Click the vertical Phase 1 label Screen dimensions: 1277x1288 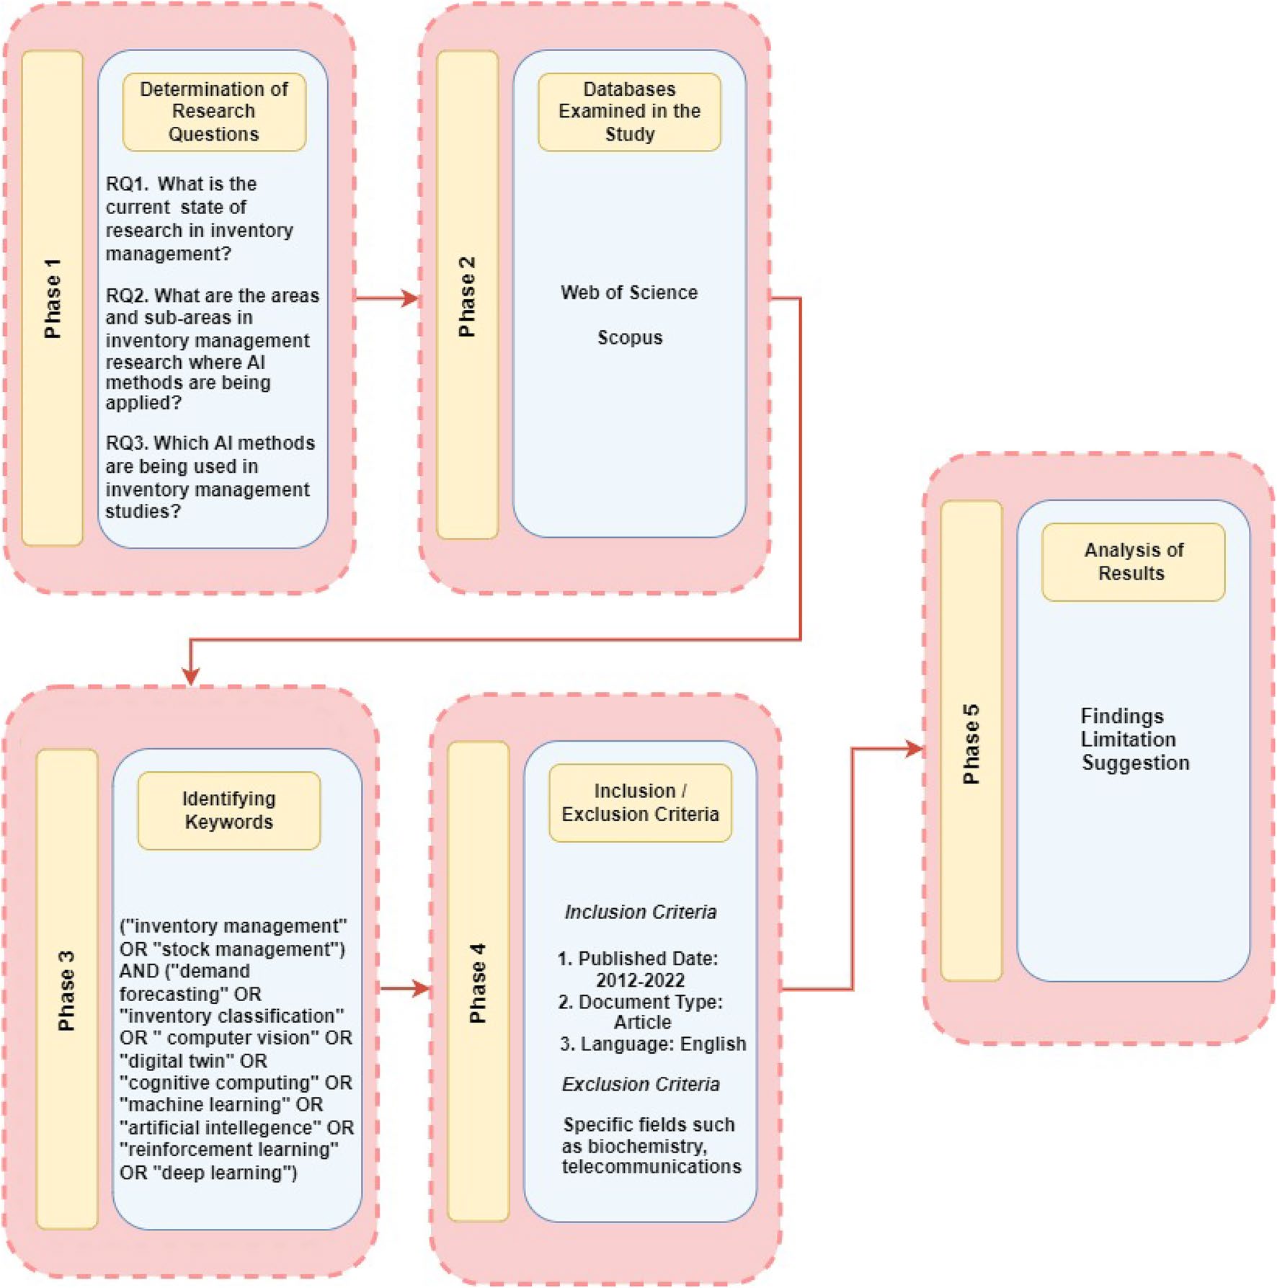point(53,298)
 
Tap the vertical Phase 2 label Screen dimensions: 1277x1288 point(467,296)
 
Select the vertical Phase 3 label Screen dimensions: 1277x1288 point(66,990)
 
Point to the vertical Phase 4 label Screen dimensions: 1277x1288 point(478,982)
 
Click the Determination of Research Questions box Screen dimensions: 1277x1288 point(214,112)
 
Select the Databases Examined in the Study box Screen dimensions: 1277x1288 point(629,112)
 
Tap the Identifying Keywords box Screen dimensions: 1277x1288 point(229,811)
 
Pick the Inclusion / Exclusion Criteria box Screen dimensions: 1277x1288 point(641,803)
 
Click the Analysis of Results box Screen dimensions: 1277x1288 point(1134,562)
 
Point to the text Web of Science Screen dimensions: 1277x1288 point(629,293)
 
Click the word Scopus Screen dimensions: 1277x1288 point(630,337)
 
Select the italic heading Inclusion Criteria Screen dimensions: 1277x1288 point(641,912)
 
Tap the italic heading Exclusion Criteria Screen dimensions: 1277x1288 point(641,1084)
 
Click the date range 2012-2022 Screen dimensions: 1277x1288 point(640,980)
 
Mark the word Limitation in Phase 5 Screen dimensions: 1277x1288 point(1129,740)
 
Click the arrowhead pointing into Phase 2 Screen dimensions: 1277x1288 point(411,298)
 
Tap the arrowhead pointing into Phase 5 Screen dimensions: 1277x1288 point(915,749)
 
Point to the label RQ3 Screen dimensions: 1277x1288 point(126,443)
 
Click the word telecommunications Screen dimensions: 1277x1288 point(651,1166)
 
